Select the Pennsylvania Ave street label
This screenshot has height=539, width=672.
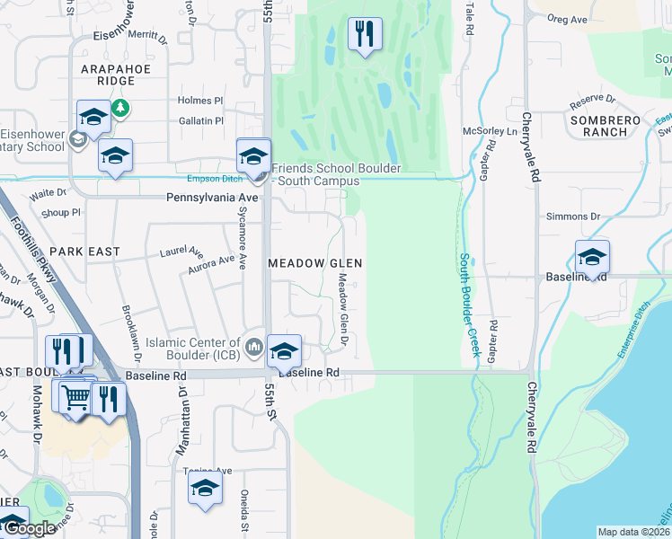click(212, 197)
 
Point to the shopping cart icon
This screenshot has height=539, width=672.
click(76, 395)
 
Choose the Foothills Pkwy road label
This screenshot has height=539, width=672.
click(40, 264)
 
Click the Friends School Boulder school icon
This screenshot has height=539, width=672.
click(253, 155)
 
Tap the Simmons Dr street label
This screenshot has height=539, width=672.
click(572, 216)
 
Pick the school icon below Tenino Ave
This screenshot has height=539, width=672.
click(205, 490)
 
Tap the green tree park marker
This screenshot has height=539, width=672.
click(120, 110)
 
